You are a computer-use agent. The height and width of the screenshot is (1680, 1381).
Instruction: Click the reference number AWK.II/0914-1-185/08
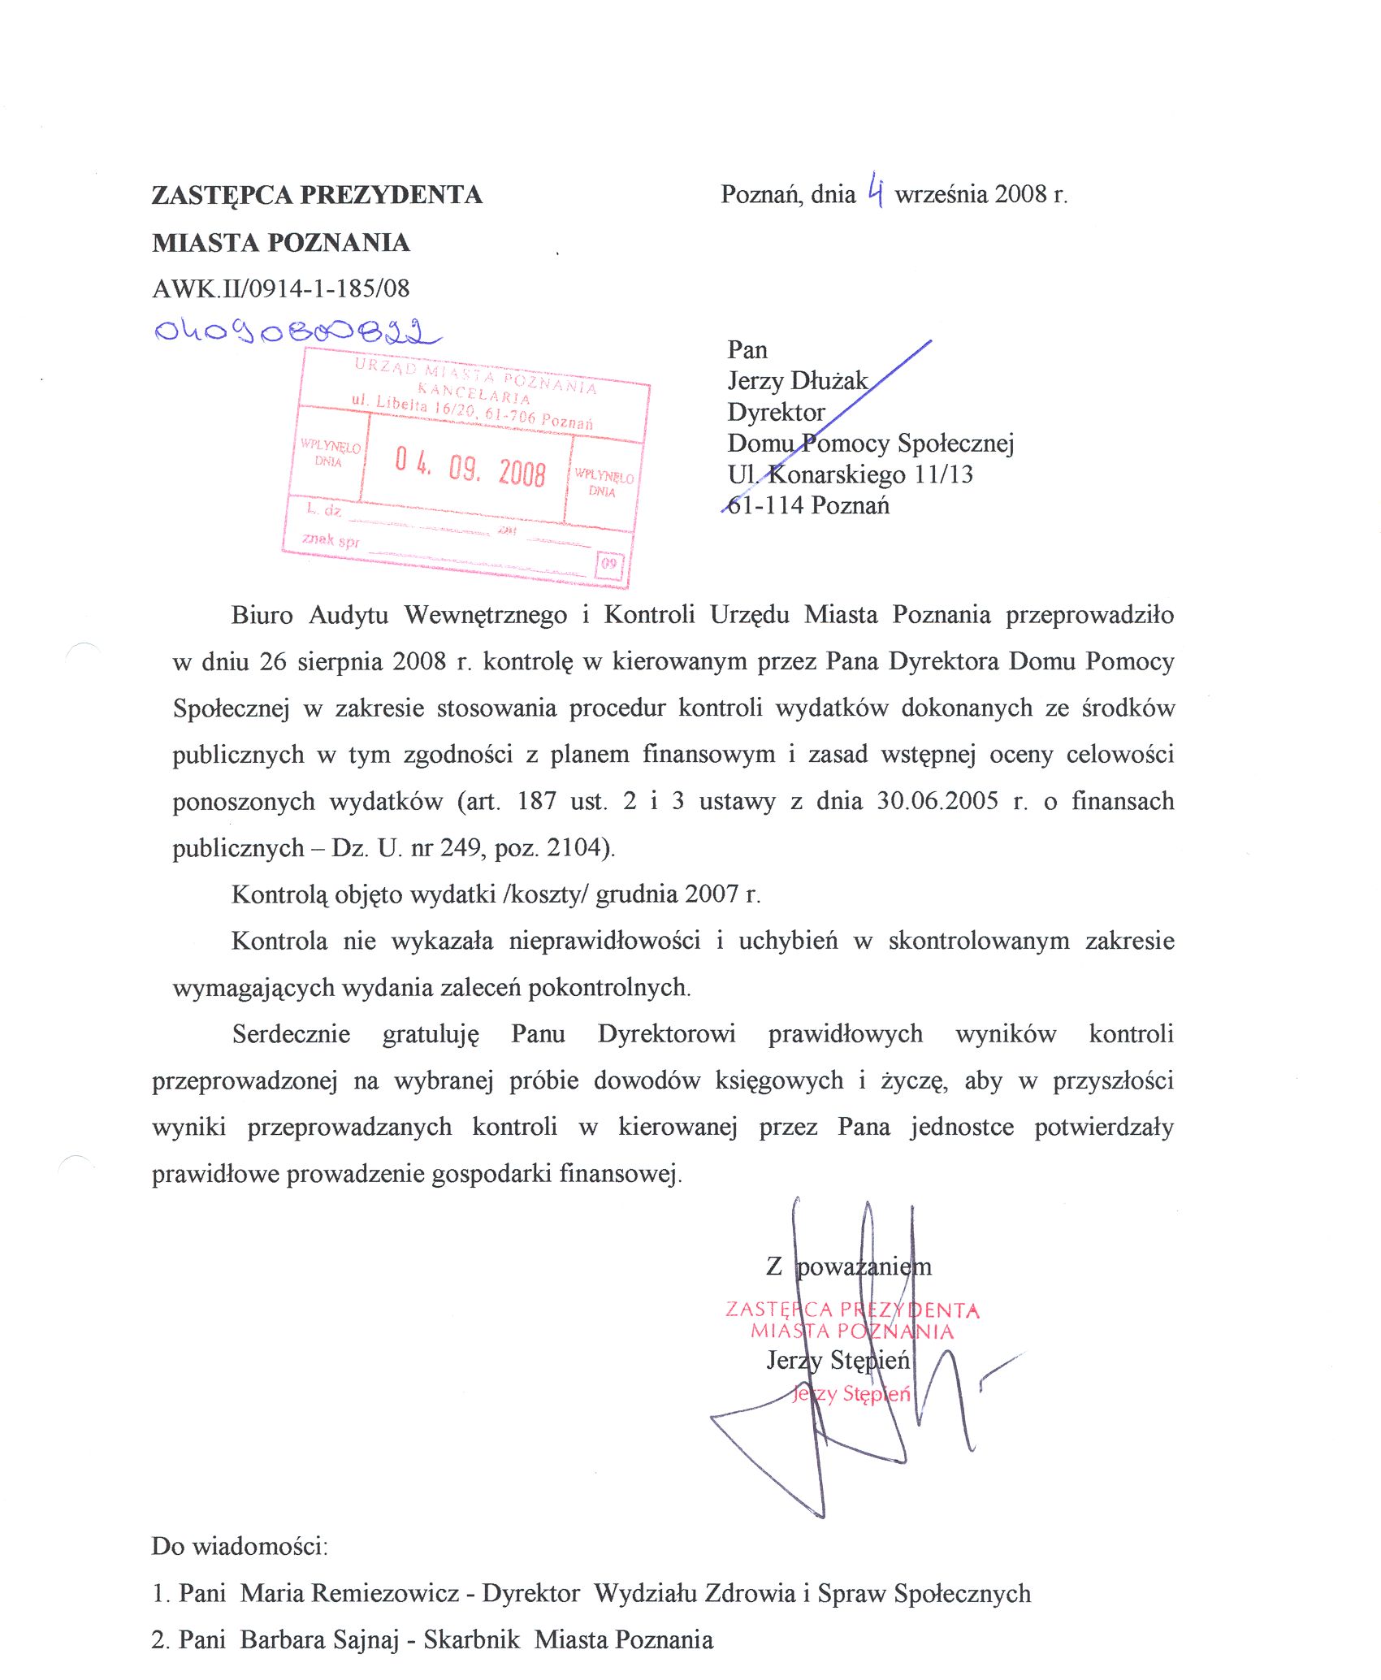[280, 288]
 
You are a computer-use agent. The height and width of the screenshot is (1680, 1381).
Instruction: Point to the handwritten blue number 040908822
[297, 331]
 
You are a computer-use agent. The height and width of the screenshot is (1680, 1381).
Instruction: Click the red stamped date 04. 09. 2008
[470, 467]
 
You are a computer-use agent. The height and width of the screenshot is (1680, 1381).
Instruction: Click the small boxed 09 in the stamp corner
[609, 564]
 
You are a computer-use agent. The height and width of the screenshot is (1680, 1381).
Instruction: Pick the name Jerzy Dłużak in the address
[797, 381]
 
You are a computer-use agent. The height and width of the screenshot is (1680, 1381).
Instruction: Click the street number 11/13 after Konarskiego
[943, 474]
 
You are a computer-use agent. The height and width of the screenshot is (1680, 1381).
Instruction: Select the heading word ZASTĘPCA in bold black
[222, 195]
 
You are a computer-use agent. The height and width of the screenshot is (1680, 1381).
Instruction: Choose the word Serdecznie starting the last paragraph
[291, 1034]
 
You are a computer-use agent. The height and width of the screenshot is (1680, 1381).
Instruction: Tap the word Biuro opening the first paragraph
[262, 615]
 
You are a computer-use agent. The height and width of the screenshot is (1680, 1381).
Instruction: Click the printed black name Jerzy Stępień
[838, 1360]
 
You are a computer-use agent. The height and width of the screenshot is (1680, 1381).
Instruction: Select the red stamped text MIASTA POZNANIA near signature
[852, 1331]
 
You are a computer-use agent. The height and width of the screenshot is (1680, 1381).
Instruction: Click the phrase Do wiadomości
[239, 1546]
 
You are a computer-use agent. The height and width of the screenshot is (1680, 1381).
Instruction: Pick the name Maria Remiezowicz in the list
[349, 1593]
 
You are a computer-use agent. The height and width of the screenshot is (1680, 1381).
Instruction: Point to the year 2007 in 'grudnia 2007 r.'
[711, 894]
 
